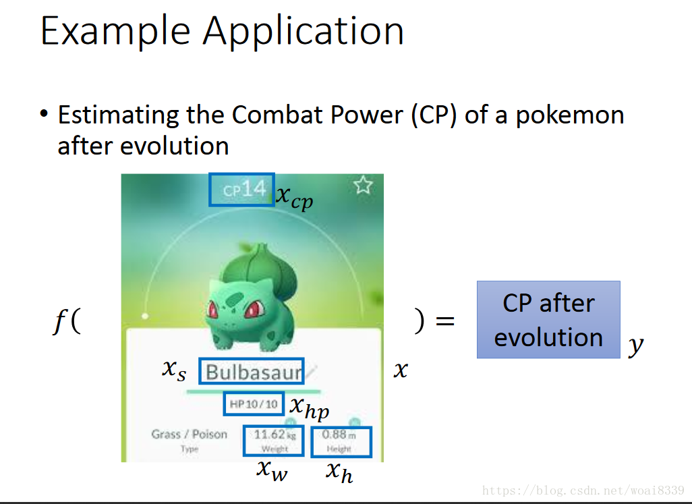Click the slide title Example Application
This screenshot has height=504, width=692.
click(x=222, y=31)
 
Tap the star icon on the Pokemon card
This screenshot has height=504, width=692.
click(x=363, y=185)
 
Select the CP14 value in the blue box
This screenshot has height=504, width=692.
click(x=241, y=190)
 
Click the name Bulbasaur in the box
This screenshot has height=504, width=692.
click(x=252, y=372)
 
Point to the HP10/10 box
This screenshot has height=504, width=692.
click(x=254, y=404)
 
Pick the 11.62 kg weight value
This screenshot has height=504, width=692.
click(x=273, y=435)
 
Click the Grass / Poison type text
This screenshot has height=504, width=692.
click(x=189, y=434)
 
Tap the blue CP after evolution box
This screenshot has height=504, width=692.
click(x=548, y=320)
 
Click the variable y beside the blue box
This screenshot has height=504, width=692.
click(x=635, y=347)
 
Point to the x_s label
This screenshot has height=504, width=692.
click(x=173, y=369)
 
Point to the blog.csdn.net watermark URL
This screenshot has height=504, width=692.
click(x=584, y=490)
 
